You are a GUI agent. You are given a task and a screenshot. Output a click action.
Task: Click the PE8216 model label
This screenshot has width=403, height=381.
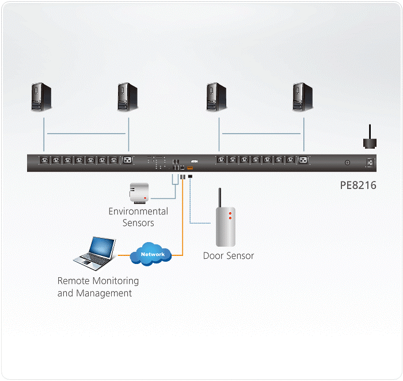(358, 186)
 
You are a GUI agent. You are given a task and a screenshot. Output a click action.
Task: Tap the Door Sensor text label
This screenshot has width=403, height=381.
(229, 256)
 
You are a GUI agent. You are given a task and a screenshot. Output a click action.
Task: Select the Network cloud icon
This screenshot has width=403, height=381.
(153, 254)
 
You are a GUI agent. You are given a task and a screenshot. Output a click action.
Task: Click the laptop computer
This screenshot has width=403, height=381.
(94, 254)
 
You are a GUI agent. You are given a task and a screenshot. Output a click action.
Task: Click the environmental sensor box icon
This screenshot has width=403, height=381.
(139, 193)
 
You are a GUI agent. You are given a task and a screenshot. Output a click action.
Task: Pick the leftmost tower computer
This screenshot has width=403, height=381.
(41, 97)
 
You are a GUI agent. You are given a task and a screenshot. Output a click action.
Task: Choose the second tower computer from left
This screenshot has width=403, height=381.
(127, 97)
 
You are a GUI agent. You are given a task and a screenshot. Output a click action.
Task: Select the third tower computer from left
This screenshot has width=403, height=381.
(216, 97)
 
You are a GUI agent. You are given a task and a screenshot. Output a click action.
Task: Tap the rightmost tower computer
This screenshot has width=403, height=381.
(302, 97)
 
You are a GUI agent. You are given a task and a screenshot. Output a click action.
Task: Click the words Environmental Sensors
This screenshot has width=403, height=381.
(138, 217)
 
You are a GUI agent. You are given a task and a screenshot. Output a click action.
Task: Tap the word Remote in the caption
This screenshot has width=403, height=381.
(73, 281)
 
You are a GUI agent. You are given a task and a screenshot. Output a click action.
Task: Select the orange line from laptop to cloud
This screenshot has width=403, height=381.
(124, 254)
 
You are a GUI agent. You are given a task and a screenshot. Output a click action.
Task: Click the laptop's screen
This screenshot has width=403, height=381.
(99, 247)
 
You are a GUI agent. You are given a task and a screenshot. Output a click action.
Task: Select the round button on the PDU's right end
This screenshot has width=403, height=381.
(347, 163)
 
